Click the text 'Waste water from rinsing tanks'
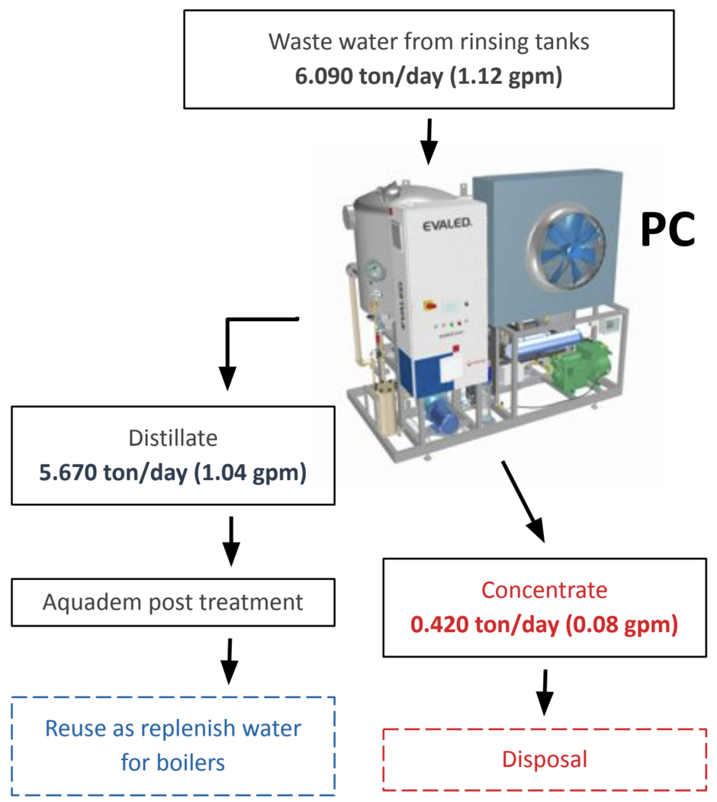tap(429, 42)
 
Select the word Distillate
tap(173, 438)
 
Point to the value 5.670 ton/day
tap(114, 472)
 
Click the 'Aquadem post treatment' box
tap(173, 602)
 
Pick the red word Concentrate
tap(544, 590)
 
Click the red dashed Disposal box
tap(545, 759)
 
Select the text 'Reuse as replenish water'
tap(173, 728)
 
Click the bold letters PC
tap(668, 230)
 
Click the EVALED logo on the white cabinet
tap(447, 224)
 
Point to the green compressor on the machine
tap(580, 367)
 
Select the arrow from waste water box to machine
tap(429, 142)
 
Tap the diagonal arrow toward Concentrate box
tap(523, 501)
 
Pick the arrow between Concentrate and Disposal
tap(545, 693)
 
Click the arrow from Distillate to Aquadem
tap(231, 541)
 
